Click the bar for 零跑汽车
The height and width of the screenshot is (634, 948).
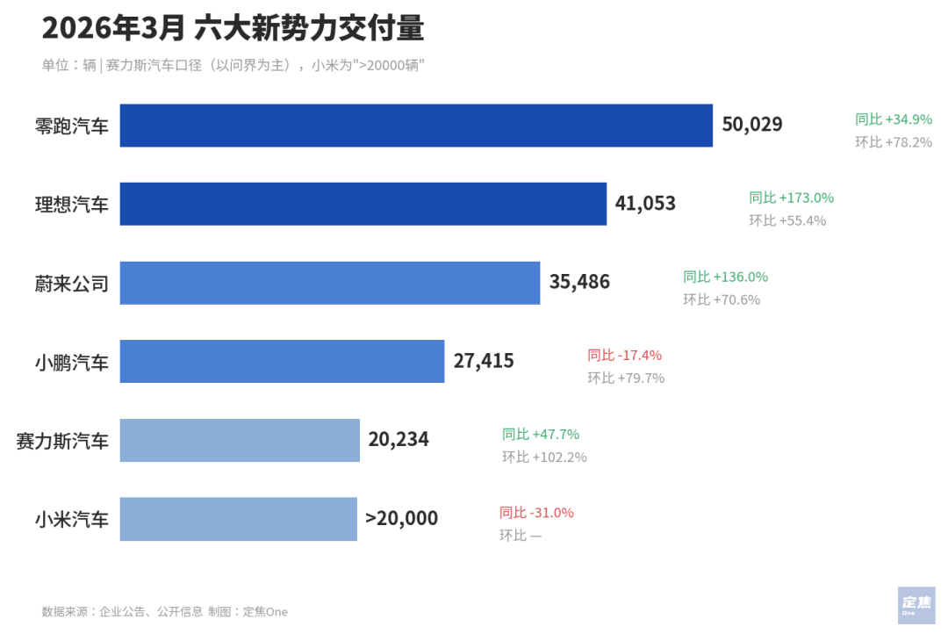(x=416, y=126)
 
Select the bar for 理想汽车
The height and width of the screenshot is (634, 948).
(x=363, y=204)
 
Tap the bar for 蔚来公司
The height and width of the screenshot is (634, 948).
(x=329, y=283)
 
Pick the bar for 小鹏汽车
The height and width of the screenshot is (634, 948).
(x=282, y=361)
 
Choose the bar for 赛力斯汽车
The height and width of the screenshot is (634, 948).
(x=240, y=440)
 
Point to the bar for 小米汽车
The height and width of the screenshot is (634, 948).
(x=238, y=519)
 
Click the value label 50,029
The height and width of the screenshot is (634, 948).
(x=751, y=125)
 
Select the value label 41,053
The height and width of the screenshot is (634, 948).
(x=645, y=204)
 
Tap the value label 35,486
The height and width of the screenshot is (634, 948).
(x=579, y=283)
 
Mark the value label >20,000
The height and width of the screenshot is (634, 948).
(x=401, y=519)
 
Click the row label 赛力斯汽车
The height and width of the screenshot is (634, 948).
(x=62, y=441)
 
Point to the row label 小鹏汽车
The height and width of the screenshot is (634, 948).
(x=72, y=362)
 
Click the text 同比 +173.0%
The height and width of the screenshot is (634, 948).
(x=791, y=198)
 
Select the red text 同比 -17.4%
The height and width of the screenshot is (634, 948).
(x=624, y=356)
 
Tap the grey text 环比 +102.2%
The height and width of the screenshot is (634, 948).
(x=544, y=457)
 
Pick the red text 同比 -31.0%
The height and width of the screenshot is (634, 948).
(x=535, y=513)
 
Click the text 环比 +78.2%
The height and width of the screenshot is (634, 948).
(x=894, y=142)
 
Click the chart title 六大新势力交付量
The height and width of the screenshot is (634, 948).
(x=309, y=28)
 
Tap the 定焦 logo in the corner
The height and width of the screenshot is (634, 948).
(x=916, y=604)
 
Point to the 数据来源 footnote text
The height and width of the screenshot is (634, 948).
(x=164, y=612)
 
